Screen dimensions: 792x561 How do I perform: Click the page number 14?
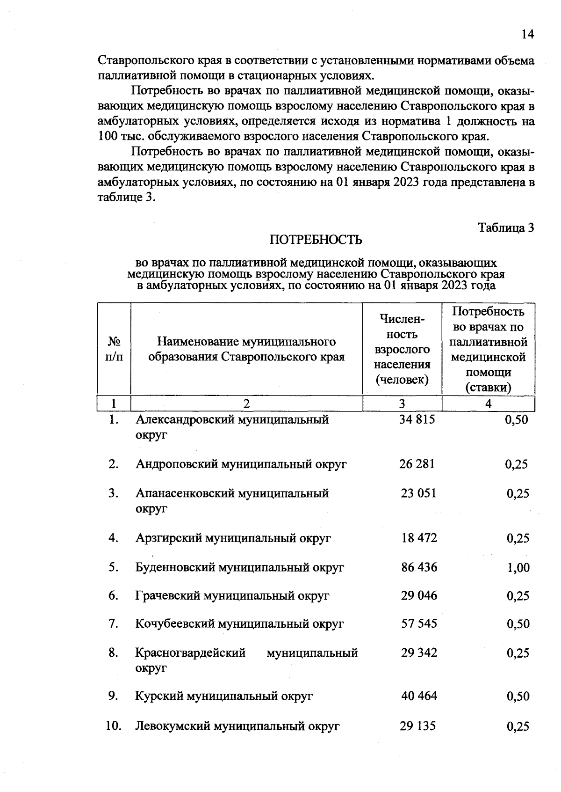pyautogui.click(x=527, y=34)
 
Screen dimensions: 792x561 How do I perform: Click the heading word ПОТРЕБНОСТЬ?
pyautogui.click(x=316, y=240)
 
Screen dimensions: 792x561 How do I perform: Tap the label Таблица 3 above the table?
pyautogui.click(x=505, y=227)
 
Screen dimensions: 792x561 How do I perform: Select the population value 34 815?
pyautogui.click(x=417, y=419)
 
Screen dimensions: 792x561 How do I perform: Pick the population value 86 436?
pyautogui.click(x=419, y=567)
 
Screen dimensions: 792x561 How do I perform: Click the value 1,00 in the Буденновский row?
pyautogui.click(x=518, y=568)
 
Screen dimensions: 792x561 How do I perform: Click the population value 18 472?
pyautogui.click(x=419, y=538)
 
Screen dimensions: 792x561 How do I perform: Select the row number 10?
pyautogui.click(x=113, y=726)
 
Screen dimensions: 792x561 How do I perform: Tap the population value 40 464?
pyautogui.click(x=419, y=696)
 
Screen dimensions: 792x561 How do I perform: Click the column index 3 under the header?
pyautogui.click(x=402, y=403)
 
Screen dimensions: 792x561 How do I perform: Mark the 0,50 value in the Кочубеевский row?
pyautogui.click(x=518, y=624)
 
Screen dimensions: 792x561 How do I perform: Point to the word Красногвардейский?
pyautogui.click(x=190, y=653)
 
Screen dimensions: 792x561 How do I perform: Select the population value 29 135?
pyautogui.click(x=417, y=726)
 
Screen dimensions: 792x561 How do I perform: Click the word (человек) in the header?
pyautogui.click(x=402, y=379)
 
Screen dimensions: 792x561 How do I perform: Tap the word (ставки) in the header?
pyautogui.click(x=488, y=388)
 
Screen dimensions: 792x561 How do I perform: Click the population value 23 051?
pyautogui.click(x=418, y=493)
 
